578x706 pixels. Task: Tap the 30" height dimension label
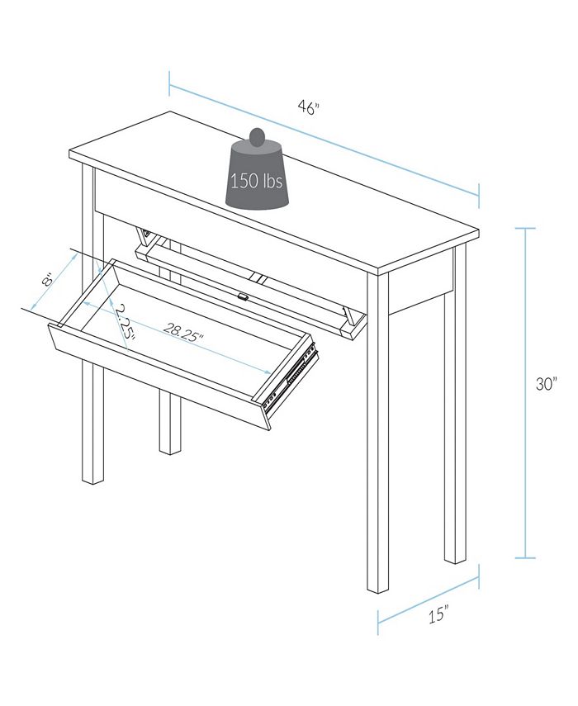[x=546, y=385]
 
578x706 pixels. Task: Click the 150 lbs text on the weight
[x=257, y=181]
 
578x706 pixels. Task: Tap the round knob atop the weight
[x=258, y=135]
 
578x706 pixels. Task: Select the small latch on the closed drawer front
[x=243, y=295]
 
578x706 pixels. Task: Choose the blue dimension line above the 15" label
[x=429, y=595]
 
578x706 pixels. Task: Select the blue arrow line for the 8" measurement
[x=54, y=282]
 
